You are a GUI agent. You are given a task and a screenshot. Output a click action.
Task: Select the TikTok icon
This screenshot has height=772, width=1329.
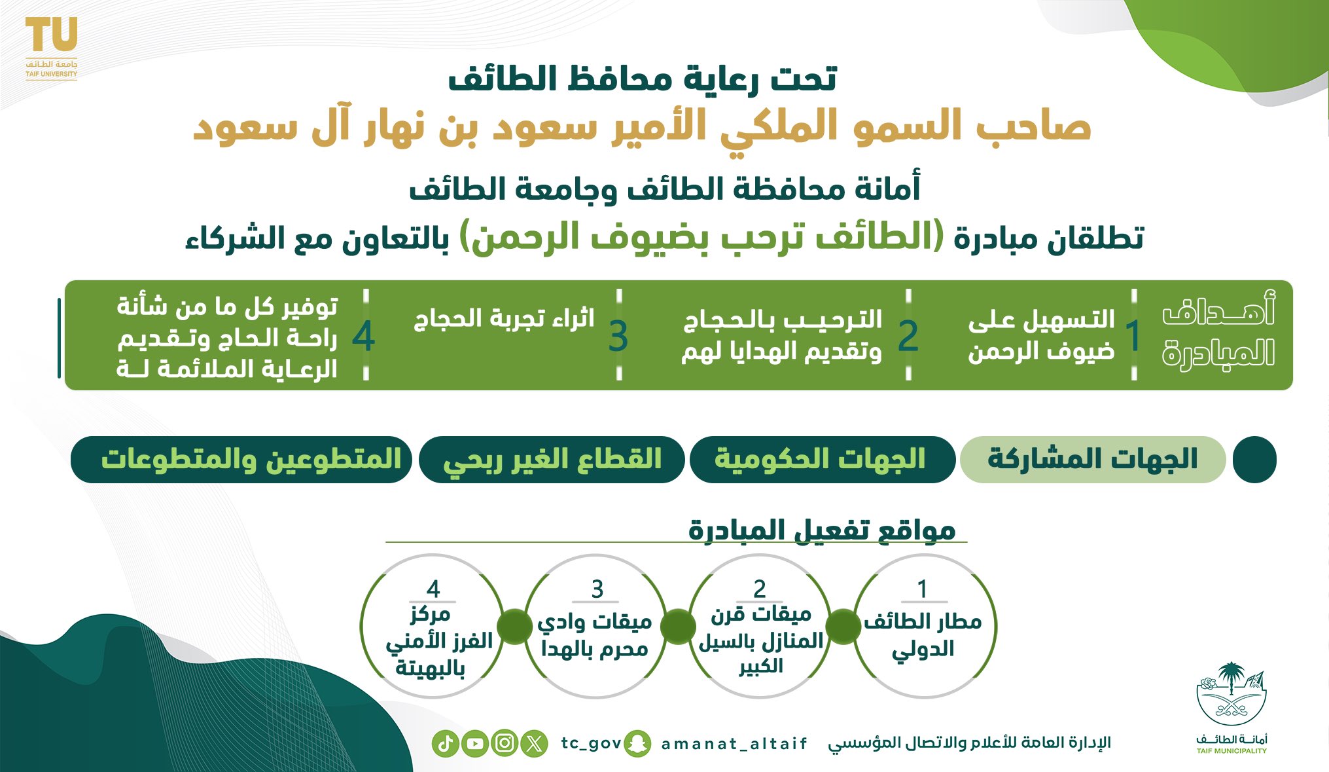point(445,744)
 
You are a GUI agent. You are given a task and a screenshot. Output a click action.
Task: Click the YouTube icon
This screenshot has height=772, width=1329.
point(475,744)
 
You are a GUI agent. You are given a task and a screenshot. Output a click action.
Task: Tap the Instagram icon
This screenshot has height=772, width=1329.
point(505,744)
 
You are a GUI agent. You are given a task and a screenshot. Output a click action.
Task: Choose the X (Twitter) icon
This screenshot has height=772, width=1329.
point(535,744)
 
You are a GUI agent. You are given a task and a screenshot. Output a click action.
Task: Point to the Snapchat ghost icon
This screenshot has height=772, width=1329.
point(637,744)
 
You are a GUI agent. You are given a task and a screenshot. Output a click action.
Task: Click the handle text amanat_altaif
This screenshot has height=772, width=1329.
point(734,744)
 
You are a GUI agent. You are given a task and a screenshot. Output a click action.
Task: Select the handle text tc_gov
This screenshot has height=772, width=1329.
point(591,744)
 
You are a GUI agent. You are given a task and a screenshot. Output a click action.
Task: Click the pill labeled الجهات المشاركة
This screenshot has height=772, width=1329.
point(1092,460)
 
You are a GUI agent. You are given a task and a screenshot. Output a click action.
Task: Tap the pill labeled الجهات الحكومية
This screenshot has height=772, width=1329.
point(823,460)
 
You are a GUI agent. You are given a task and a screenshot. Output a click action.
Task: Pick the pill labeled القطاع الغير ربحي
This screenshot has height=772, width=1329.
point(552,460)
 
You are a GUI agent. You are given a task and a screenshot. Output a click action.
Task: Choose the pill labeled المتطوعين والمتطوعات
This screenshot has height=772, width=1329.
point(241,460)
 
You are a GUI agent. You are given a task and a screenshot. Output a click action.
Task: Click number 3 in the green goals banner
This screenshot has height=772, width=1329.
point(618,337)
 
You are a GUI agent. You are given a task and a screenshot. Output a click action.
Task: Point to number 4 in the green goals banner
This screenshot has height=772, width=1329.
point(363,337)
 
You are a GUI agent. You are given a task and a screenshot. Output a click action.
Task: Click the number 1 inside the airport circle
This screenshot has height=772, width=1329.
point(922,589)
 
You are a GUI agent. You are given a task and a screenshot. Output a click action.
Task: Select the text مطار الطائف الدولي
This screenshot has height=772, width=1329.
point(923,635)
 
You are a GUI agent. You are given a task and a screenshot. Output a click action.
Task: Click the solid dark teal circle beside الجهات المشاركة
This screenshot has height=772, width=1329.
point(1254,460)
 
